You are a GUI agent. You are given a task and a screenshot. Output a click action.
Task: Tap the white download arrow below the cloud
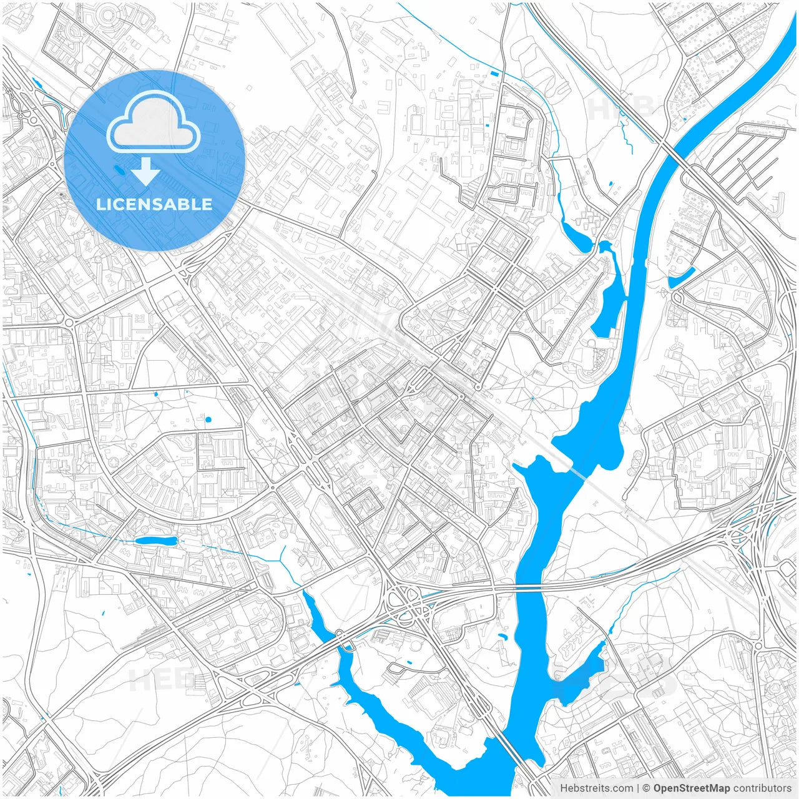pyautogui.click(x=145, y=172)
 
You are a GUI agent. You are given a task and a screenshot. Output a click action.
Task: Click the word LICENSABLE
pyautogui.click(x=154, y=204)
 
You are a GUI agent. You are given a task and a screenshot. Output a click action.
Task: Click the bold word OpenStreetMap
pyautogui.click(x=691, y=788)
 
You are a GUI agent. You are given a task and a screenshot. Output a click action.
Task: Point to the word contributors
pyautogui.click(x=762, y=788)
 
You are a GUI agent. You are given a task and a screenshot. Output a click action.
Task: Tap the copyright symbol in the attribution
pyautogui.click(x=647, y=788)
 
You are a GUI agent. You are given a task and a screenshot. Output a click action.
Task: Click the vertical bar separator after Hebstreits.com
pyautogui.click(x=638, y=788)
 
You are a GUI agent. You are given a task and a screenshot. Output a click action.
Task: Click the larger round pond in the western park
pyautogui.click(x=208, y=419)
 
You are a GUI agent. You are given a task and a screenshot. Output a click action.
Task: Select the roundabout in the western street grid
pyautogui.click(x=69, y=322)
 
